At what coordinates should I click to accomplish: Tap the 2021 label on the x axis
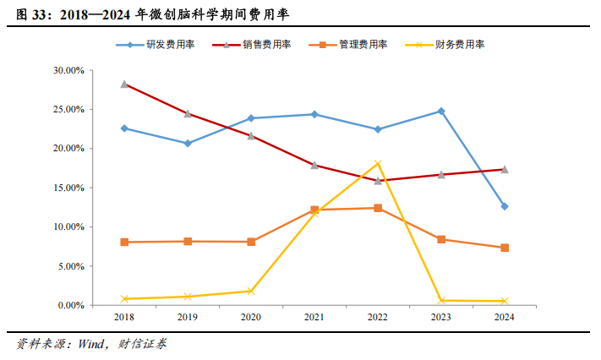pos(314,317)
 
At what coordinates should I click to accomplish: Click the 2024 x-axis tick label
pos(504,317)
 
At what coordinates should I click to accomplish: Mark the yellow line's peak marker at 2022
pos(378,164)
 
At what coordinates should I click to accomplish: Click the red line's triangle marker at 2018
pos(124,85)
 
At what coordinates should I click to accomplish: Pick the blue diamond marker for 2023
pos(441,111)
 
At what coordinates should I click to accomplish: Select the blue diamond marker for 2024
pos(505,206)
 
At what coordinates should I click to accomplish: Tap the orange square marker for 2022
pos(378,208)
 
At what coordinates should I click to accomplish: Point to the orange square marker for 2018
pos(124,242)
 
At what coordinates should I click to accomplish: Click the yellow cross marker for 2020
pos(251,291)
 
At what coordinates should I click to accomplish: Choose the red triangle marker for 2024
pos(505,169)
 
